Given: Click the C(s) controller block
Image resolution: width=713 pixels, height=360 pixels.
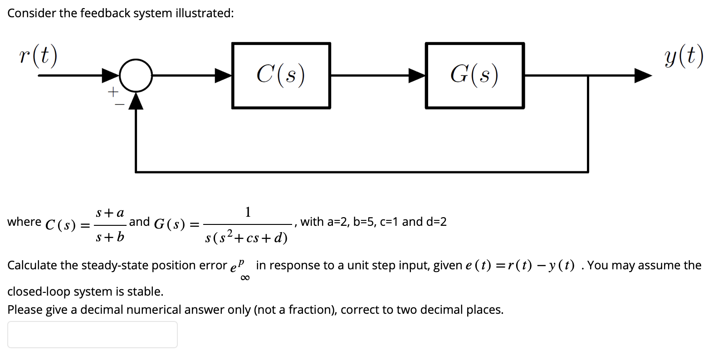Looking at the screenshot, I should click(x=281, y=75).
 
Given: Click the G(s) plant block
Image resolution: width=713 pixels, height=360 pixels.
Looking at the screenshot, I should click(x=474, y=75).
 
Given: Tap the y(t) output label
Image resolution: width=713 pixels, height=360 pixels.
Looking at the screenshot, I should click(x=684, y=56).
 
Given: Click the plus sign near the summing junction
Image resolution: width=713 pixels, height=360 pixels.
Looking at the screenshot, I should click(x=112, y=92).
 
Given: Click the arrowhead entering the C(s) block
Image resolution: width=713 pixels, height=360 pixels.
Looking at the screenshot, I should click(x=223, y=75).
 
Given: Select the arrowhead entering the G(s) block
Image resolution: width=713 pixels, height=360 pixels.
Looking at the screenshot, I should click(x=417, y=75).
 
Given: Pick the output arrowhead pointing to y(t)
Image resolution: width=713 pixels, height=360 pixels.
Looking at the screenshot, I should click(x=643, y=75).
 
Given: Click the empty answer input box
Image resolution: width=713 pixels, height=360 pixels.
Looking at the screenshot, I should click(x=92, y=335).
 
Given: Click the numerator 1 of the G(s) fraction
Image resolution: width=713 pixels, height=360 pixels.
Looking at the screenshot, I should click(x=248, y=212).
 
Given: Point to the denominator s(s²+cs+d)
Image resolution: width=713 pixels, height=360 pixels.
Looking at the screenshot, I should click(x=246, y=236).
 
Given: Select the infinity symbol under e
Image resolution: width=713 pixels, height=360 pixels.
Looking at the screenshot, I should click(x=244, y=278).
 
